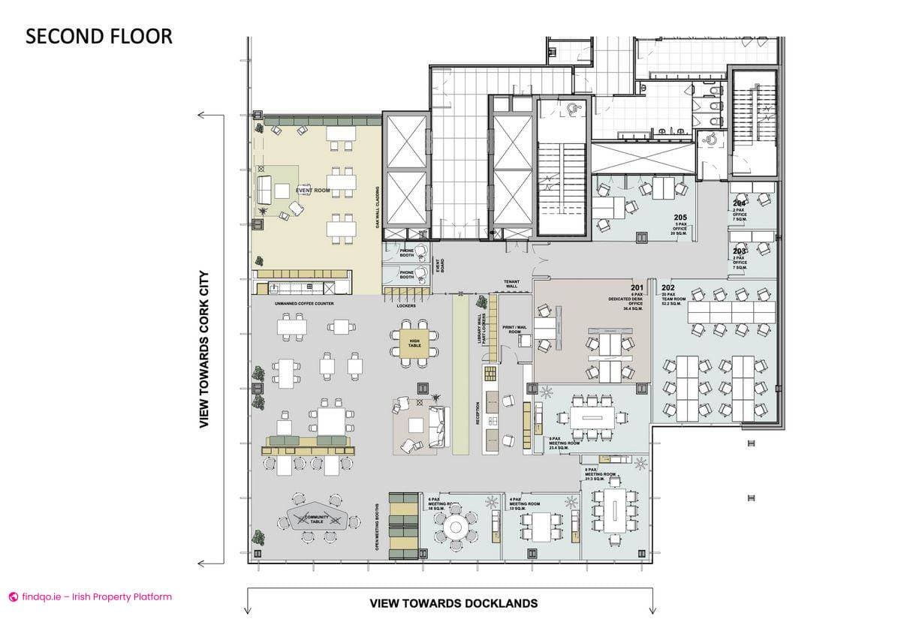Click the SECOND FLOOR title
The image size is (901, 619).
(x=99, y=36)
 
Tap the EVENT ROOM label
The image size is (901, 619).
(x=312, y=191)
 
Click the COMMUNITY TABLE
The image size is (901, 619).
(x=316, y=518)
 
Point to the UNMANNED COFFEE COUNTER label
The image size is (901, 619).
(x=304, y=304)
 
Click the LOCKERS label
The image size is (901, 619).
(x=405, y=305)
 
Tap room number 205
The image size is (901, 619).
(x=680, y=218)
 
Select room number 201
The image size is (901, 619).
(x=637, y=287)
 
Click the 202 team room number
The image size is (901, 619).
(x=667, y=287)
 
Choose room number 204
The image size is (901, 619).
(x=740, y=203)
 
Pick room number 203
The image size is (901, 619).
(x=740, y=251)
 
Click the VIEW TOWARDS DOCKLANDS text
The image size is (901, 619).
(x=454, y=603)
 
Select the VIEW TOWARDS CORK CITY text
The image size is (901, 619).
(x=203, y=339)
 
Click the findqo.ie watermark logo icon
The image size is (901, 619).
(x=13, y=597)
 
